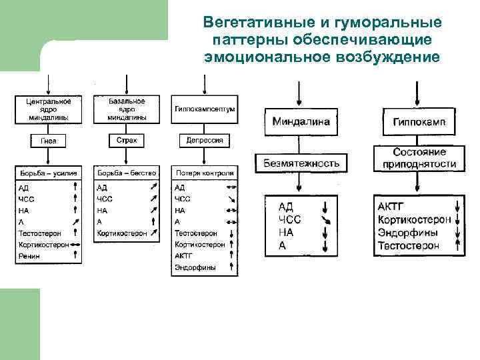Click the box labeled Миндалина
300,123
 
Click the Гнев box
48,141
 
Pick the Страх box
127,141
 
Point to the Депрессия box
205,141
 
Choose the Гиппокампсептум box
205,109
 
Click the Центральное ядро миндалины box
48,109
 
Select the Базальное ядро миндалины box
127,109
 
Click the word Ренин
29,256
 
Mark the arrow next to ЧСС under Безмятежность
325,220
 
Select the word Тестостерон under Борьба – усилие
39,233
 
